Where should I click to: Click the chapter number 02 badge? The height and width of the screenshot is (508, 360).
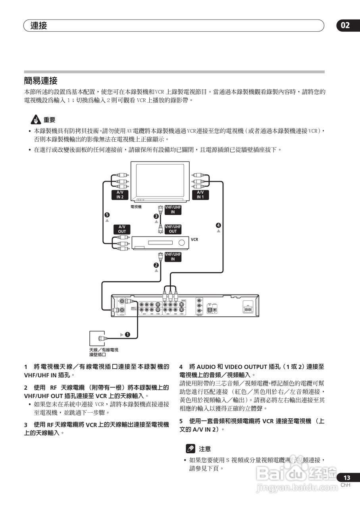tap(345, 25)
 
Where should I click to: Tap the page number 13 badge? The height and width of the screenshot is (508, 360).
tap(347, 478)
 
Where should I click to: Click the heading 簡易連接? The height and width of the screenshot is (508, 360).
tap(41, 81)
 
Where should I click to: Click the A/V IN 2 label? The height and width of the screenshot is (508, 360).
tap(120, 194)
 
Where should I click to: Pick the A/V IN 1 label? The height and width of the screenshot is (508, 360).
tap(200, 194)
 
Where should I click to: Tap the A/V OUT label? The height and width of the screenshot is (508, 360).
tap(122, 229)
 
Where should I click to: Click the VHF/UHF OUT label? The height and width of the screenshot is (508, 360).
tap(173, 229)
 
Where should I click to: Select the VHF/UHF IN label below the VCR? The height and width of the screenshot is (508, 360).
tap(173, 256)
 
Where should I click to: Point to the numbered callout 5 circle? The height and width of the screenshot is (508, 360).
tap(107, 215)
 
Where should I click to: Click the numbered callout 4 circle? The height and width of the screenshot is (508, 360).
tap(218, 225)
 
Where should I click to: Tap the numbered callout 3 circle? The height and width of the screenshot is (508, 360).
tap(156, 216)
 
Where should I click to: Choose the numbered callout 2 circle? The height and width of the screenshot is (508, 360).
tap(156, 265)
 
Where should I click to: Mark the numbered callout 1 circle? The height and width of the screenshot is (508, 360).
tap(127, 334)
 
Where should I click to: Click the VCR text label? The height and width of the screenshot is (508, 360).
tap(194, 240)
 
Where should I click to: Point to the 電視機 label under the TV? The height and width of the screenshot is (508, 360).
tap(136, 207)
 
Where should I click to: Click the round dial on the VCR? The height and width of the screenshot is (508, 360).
tap(181, 242)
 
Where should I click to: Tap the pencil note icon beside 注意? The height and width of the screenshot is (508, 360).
tap(191, 449)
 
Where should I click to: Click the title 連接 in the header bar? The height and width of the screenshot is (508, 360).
tap(39, 26)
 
